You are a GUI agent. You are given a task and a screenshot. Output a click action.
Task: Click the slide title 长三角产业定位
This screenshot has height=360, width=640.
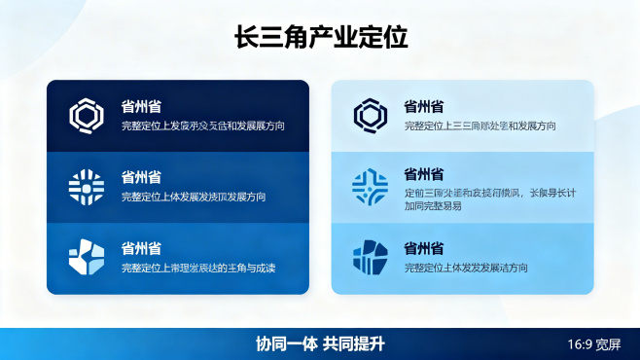click(x=320, y=38)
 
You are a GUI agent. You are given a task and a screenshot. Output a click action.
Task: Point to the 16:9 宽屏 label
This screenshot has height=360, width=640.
click(x=593, y=344)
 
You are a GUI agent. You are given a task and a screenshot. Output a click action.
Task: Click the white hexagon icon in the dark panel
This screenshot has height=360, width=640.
click(x=86, y=116)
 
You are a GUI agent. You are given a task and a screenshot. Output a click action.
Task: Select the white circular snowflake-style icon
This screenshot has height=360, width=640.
click(x=86, y=186)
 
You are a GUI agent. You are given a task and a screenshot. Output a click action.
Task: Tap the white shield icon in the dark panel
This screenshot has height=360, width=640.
click(x=86, y=256)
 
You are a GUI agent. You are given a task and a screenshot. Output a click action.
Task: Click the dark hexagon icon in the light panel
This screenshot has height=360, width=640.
click(x=370, y=116)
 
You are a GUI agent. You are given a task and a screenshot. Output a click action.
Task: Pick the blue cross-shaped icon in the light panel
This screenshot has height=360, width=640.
click(x=370, y=186)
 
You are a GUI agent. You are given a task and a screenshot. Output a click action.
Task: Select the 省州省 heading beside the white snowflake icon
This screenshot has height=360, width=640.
click(x=141, y=177)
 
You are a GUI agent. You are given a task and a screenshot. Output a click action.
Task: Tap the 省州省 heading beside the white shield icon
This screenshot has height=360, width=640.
click(x=141, y=248)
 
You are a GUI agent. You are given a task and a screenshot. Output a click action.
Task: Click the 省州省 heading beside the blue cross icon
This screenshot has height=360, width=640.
click(x=425, y=175)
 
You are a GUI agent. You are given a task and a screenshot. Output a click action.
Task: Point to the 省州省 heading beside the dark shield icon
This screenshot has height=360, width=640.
click(x=425, y=248)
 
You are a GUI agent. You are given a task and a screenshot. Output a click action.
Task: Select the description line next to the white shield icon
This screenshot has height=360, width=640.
click(x=198, y=267)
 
